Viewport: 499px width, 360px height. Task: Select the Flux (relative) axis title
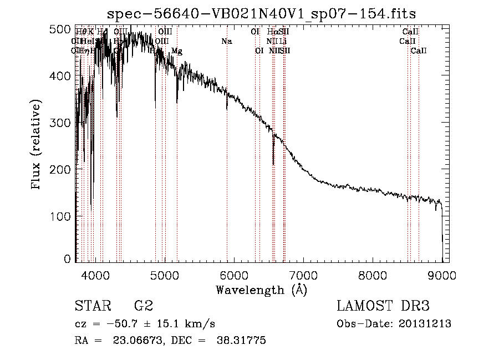point(37,145)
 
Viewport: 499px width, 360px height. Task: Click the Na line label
point(226,41)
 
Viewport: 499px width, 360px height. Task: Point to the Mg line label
point(176,51)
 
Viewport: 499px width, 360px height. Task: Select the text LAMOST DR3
point(383,306)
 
